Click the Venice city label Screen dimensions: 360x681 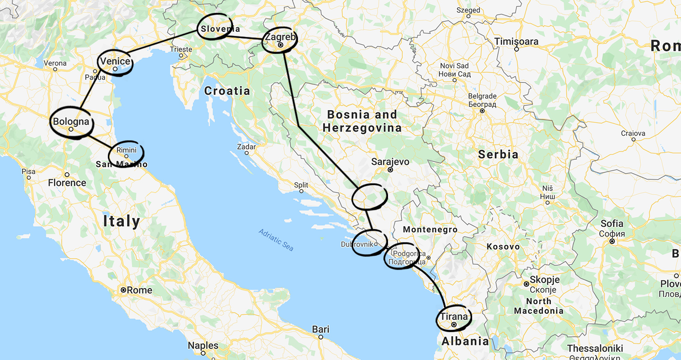point(115,62)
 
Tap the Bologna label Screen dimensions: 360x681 point(71,122)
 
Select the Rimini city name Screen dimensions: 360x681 point(126,150)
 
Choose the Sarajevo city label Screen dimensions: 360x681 point(390,162)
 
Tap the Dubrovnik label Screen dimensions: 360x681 point(357,244)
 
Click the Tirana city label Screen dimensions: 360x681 point(454,317)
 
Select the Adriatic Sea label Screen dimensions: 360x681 point(276,239)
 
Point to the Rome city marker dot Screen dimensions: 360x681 point(123,290)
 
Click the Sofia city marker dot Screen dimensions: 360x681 point(612,241)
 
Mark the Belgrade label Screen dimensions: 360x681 point(482,96)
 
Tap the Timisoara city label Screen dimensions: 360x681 point(516,42)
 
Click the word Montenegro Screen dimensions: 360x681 point(430,229)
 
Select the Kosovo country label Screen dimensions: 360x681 point(503,247)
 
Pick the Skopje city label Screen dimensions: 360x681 point(544,280)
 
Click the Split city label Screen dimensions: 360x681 point(301,185)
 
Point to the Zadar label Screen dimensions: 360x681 point(246,147)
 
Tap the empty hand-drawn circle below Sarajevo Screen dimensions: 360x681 point(369,196)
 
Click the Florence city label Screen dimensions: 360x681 point(67,183)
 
